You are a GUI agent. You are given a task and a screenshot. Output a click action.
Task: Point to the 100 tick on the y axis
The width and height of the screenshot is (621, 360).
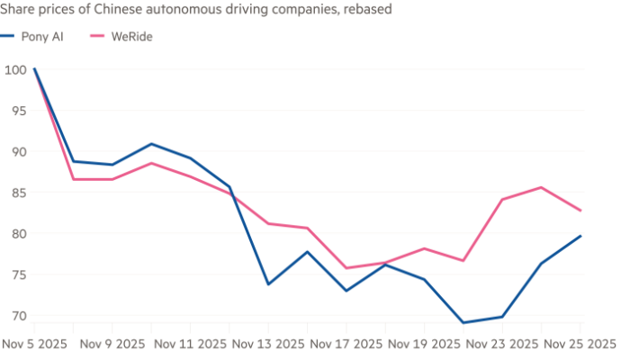pyautogui.click(x=14, y=68)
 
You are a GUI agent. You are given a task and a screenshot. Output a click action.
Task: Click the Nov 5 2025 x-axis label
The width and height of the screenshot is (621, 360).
pyautogui.click(x=32, y=344)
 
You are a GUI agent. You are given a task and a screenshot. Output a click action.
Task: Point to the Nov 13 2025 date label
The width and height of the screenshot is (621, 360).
pyautogui.click(x=268, y=344)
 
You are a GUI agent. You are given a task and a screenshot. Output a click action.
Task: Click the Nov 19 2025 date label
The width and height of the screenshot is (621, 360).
pyautogui.click(x=425, y=344)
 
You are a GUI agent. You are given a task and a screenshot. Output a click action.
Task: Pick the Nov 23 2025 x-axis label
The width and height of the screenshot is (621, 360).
pyautogui.click(x=503, y=344)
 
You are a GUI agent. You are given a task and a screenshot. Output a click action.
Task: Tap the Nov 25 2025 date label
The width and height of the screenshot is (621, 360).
pyautogui.click(x=581, y=344)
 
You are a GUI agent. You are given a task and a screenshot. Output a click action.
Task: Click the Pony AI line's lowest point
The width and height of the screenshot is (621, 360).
pyautogui.click(x=463, y=321)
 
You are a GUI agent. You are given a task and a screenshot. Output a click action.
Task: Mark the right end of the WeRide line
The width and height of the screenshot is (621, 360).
pyautogui.click(x=581, y=211)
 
